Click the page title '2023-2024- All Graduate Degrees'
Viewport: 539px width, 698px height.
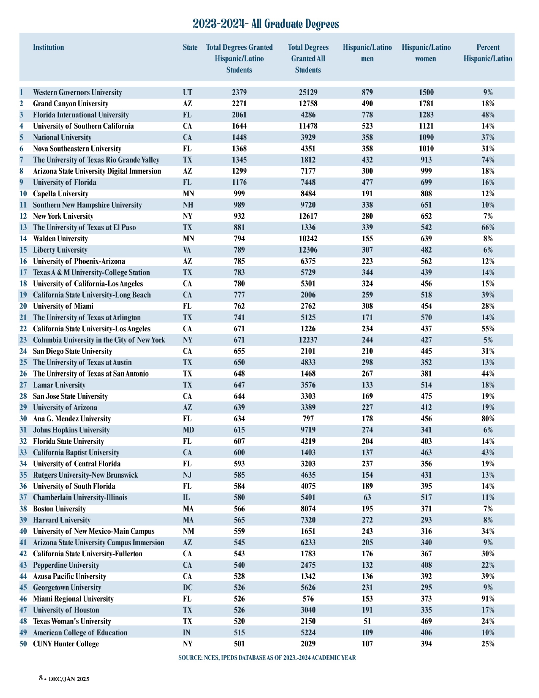click(x=266, y=24)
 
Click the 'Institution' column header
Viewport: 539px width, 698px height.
click(x=49, y=47)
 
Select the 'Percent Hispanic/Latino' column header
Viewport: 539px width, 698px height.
click(x=488, y=53)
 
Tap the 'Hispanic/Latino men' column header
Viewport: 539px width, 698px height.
click(x=367, y=53)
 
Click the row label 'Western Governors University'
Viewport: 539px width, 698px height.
click(x=77, y=92)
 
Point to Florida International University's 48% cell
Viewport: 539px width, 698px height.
click(x=488, y=115)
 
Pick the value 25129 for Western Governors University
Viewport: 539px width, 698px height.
click(x=308, y=92)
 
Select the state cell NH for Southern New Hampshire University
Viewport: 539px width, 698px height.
click(x=188, y=205)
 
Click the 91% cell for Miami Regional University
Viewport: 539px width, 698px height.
click(x=488, y=599)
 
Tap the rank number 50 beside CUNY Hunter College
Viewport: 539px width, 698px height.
click(x=23, y=644)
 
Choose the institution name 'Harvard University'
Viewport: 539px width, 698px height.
click(x=62, y=520)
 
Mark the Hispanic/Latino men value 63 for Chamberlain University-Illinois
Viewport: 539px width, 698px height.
click(x=367, y=497)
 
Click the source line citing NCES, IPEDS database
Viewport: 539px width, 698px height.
click(x=267, y=658)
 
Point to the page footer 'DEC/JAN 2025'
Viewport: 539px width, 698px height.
click(x=69, y=679)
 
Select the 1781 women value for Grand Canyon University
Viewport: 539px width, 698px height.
click(x=426, y=104)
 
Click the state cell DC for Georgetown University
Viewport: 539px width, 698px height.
click(x=188, y=588)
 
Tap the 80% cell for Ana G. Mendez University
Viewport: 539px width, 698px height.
click(x=488, y=419)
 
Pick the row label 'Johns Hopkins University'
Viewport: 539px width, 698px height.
click(x=71, y=430)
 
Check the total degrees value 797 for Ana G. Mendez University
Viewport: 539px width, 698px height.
click(x=308, y=419)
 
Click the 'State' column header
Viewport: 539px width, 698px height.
click(x=190, y=47)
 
